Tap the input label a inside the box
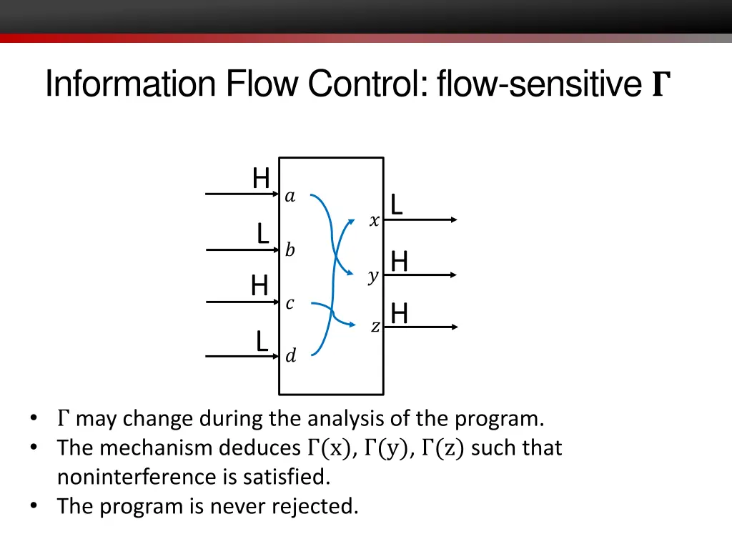point(290,197)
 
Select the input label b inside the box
point(290,250)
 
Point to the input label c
point(290,304)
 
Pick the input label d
point(290,355)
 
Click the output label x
point(374,222)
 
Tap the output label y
point(372,277)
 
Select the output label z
point(375,327)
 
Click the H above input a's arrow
point(261,178)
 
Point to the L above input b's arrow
point(263,234)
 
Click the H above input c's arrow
point(259,286)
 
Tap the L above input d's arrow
point(262,341)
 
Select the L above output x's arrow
point(396,205)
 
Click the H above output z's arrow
point(400,313)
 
